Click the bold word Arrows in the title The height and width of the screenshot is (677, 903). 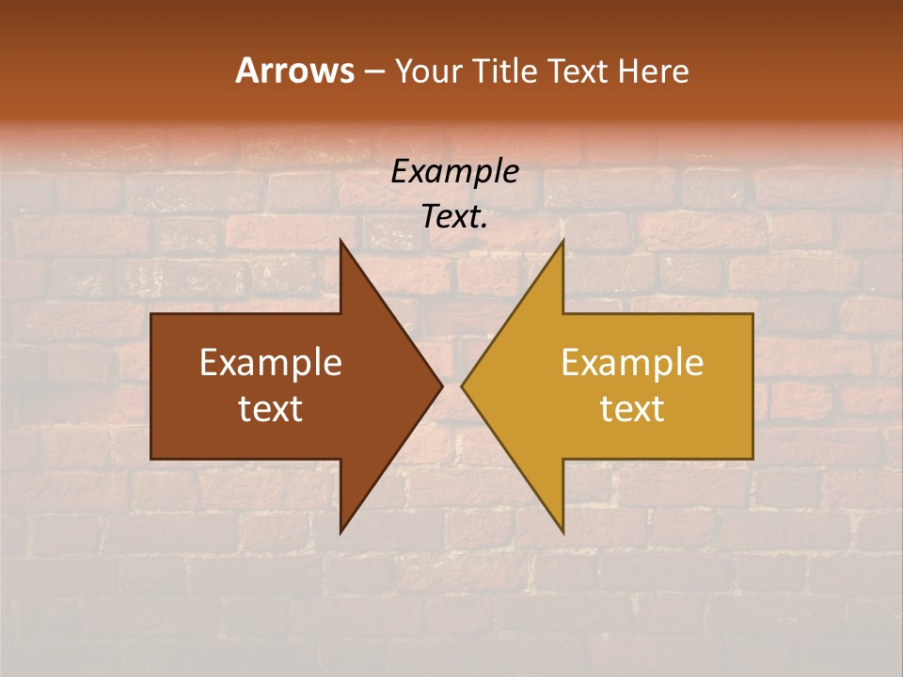(294, 71)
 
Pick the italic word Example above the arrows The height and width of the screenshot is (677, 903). (455, 172)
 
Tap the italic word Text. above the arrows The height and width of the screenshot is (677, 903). (455, 217)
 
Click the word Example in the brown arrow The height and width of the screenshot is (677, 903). (271, 363)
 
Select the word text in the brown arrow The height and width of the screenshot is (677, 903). (271, 409)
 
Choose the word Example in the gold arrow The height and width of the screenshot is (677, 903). (632, 363)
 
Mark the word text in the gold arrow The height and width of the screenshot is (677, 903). (632, 409)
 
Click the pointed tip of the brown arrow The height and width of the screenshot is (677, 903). (441, 386)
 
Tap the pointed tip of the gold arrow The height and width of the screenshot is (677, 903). (462, 386)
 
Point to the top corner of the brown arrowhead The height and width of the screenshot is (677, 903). (341, 242)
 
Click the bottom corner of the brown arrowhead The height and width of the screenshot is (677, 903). (341, 531)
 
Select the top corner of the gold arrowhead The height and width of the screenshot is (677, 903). (562, 242)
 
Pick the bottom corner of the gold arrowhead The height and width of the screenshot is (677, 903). (562, 531)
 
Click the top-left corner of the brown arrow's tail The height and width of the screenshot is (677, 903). (151, 314)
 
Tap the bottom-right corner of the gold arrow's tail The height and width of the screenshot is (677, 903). (752, 459)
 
